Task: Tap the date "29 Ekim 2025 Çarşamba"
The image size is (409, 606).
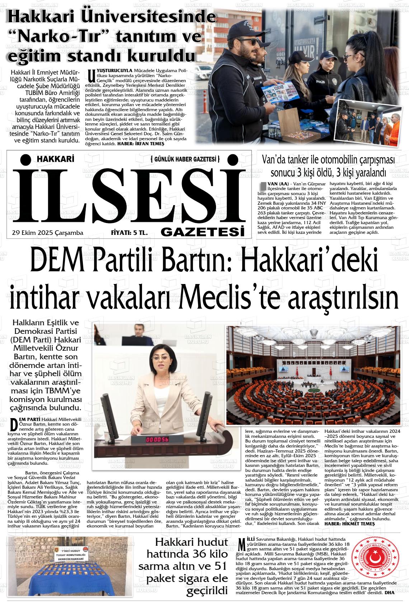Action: pos(47,233)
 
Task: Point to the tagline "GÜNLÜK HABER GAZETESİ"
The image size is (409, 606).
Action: pos(185,159)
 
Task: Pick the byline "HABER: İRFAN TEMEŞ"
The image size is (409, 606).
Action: pos(142,143)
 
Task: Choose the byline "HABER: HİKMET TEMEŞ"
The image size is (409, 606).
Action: pos(349,524)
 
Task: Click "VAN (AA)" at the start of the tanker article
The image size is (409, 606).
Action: pos(276,184)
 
